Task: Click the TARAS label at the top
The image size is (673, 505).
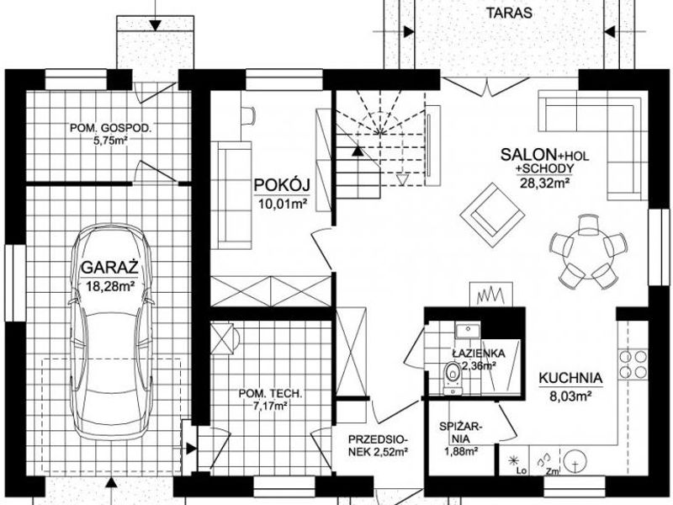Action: point(509,13)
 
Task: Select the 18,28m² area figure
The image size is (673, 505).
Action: point(111,286)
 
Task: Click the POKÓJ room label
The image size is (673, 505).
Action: point(282,185)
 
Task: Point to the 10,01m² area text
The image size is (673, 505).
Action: point(283,203)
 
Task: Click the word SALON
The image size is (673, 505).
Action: point(528,155)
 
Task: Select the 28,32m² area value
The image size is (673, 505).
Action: point(544,183)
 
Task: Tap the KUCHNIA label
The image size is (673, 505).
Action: point(570,378)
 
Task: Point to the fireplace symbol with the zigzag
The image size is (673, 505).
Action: point(491,294)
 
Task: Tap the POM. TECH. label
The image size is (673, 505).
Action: point(270,393)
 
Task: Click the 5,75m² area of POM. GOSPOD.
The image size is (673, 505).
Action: point(111,140)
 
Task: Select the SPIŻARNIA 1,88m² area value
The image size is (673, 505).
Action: point(461,451)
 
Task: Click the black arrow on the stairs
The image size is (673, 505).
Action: point(356,151)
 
